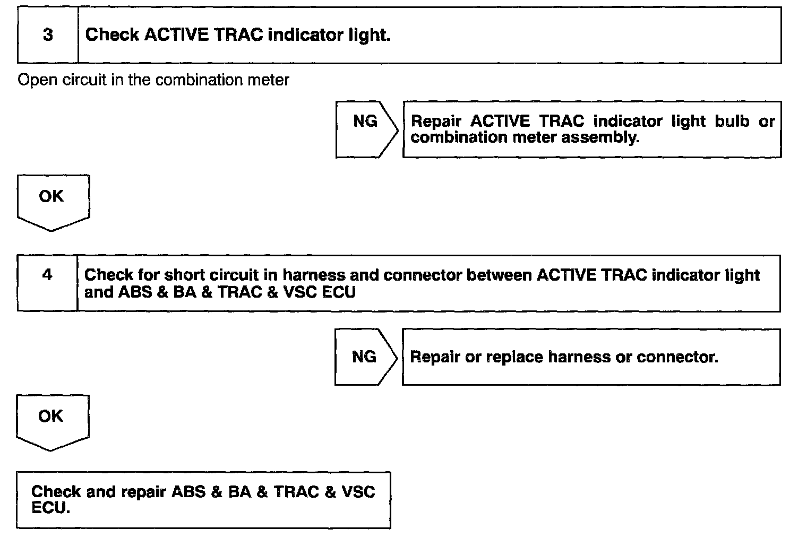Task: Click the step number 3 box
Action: pyautogui.click(x=48, y=35)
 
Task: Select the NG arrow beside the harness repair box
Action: pyautogui.click(x=365, y=357)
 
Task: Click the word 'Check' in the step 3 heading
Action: pyautogui.click(x=111, y=35)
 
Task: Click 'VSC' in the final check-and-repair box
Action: pyautogui.click(x=359, y=492)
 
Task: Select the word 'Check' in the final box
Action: pyautogui.click(x=56, y=492)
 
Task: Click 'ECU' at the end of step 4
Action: pyautogui.click(x=339, y=292)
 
